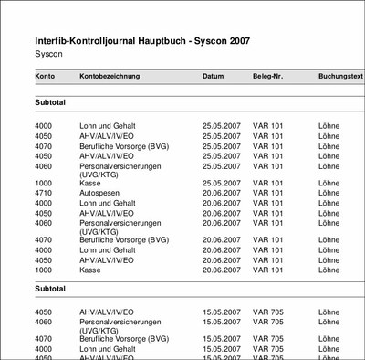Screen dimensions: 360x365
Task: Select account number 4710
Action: coord(44,193)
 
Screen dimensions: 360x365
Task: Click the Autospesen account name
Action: coord(100,193)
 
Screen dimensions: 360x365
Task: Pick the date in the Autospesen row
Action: coord(222,193)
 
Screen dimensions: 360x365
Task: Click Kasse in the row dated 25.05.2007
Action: coord(90,183)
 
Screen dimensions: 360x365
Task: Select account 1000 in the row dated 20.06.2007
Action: coord(44,270)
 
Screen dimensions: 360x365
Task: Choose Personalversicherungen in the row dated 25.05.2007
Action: coord(120,166)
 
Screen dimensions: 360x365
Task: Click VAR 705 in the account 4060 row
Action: coord(269,322)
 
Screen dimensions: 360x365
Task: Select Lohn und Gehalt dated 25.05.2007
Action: coord(110,124)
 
